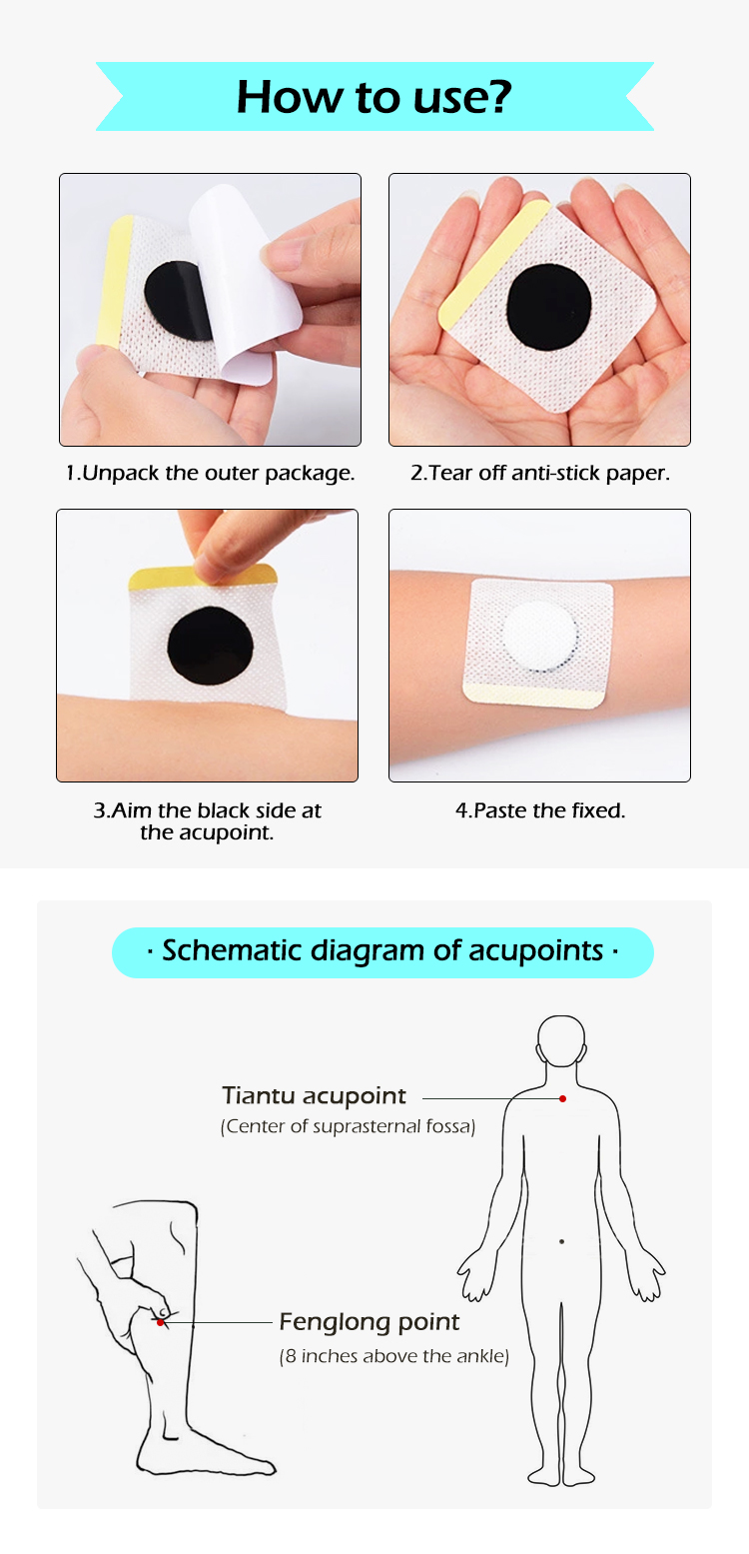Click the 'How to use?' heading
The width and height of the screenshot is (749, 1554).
(x=374, y=96)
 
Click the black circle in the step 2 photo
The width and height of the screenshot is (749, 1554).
(x=548, y=306)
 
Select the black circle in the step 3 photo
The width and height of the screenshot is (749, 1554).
(x=210, y=645)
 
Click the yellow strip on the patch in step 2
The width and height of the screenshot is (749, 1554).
(x=494, y=265)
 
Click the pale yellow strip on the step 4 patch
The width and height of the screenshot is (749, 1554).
(x=532, y=696)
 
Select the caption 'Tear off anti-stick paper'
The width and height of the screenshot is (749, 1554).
(x=539, y=473)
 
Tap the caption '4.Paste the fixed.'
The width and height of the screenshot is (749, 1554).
(x=540, y=810)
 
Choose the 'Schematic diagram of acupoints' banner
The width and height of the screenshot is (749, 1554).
(x=382, y=951)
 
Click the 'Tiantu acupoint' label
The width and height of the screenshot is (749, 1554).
(x=314, y=1095)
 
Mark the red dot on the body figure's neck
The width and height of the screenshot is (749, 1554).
(x=562, y=1099)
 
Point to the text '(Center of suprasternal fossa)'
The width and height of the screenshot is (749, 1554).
(x=348, y=1126)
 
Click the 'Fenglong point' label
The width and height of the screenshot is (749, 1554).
(x=369, y=1322)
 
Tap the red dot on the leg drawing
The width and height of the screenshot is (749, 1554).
(x=160, y=1323)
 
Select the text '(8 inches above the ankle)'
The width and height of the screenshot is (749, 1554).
(x=393, y=1356)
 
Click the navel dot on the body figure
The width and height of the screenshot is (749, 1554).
(x=561, y=1241)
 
